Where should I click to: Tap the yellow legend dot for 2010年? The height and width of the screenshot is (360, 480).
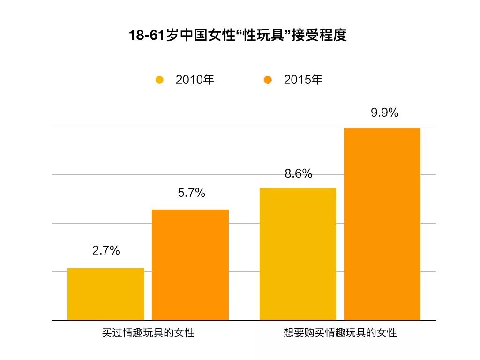[160, 80]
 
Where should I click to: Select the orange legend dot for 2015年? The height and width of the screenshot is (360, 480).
[268, 80]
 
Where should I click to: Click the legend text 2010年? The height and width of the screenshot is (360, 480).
[195, 80]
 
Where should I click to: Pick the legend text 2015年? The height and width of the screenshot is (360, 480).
[303, 80]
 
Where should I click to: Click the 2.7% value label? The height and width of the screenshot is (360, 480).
[106, 251]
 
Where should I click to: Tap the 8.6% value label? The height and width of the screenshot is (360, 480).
[298, 174]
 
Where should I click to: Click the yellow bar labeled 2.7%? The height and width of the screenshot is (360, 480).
[106, 294]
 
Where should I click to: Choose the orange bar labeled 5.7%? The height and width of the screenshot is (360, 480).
[190, 265]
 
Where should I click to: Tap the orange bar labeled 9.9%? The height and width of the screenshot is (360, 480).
[382, 224]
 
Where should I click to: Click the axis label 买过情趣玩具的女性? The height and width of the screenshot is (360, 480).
[148, 333]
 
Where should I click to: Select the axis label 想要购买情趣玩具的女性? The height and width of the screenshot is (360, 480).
[340, 333]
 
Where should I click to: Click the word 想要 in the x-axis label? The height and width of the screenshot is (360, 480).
[294, 333]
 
